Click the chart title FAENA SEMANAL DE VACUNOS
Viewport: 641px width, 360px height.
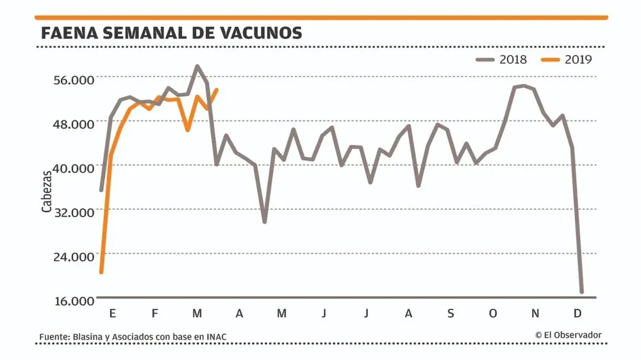[x=171, y=33]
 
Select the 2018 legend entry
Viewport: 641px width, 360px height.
[x=502, y=60]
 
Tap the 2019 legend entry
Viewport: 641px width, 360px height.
[x=567, y=60]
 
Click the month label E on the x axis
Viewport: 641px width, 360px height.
[x=113, y=313]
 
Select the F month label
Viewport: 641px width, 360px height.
[x=154, y=313]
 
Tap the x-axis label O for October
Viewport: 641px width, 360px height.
[x=493, y=313]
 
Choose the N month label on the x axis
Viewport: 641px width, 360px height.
[x=535, y=313]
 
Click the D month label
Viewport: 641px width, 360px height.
[x=578, y=313]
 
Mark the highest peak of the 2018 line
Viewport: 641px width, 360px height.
[x=197, y=66]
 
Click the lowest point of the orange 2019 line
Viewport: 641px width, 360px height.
[x=101, y=272]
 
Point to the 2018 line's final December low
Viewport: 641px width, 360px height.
[x=582, y=292]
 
